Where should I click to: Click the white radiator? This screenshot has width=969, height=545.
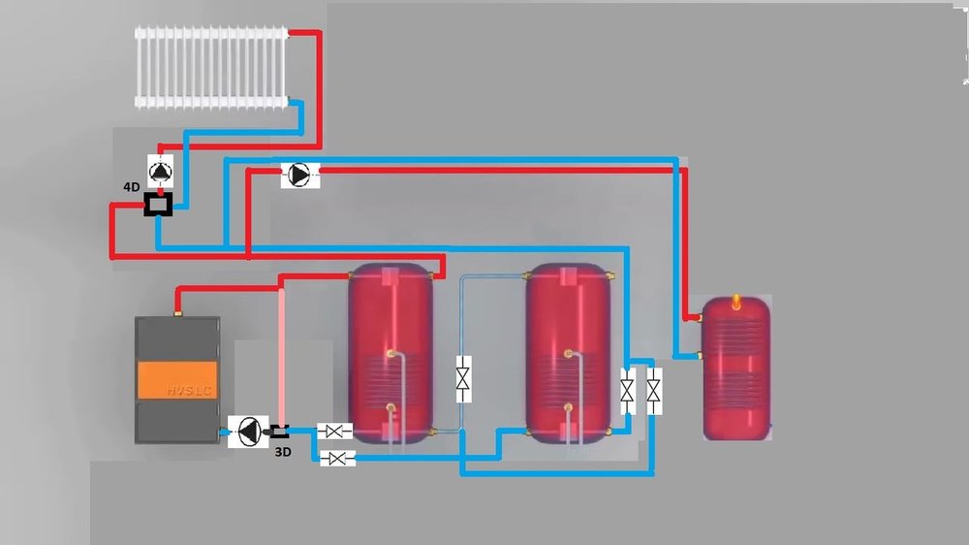coord(212,66)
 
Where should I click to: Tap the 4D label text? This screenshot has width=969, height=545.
coord(132,187)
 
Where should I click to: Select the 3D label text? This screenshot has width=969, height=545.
coord(282,452)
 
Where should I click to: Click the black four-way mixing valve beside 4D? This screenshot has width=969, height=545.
coord(158,205)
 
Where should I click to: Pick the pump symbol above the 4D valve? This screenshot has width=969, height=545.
coord(161,170)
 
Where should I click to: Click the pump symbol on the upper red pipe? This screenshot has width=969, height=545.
coord(299,175)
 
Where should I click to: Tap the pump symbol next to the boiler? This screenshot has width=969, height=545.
coord(248,432)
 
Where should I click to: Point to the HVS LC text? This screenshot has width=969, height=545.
coord(188,391)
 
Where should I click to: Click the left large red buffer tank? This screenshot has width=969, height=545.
coord(391,351)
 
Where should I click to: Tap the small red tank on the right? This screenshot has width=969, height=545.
coord(736,367)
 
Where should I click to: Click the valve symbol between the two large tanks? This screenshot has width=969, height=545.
coord(464,377)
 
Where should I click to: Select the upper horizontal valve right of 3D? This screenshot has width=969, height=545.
coord(335,431)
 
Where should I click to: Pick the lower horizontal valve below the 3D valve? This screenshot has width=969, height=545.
coord(337,458)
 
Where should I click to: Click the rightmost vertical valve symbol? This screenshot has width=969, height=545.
coord(654,392)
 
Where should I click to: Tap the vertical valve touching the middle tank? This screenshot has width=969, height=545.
coord(627,392)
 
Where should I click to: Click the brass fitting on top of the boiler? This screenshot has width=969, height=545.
coord(178,312)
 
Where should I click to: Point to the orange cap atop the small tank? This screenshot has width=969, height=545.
coord(735,300)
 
